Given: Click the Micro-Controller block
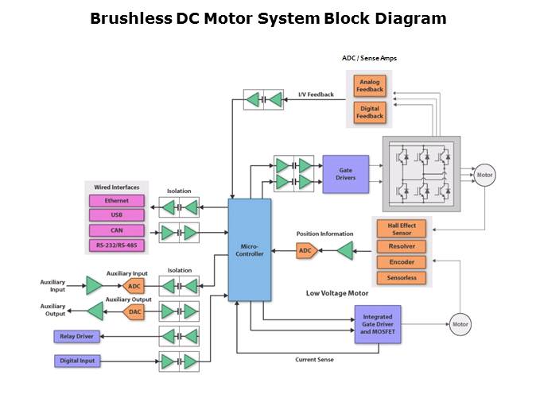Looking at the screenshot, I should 249,249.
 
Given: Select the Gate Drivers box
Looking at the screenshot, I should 345,174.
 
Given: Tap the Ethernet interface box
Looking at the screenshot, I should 116,201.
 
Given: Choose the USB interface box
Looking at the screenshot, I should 116,215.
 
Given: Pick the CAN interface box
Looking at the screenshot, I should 116,230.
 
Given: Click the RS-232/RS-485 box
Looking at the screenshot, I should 116,245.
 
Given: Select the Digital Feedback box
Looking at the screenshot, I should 370,111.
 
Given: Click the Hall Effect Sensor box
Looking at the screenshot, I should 402,230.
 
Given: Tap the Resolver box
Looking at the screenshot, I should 402,247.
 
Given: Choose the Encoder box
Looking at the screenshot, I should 402,262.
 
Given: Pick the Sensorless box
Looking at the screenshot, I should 402,277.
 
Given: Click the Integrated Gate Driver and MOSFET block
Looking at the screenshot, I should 378,324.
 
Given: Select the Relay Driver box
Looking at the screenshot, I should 76,337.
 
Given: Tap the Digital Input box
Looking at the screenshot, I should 77,361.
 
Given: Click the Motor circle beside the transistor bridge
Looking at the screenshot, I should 484,176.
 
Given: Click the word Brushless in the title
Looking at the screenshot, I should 130,17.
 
